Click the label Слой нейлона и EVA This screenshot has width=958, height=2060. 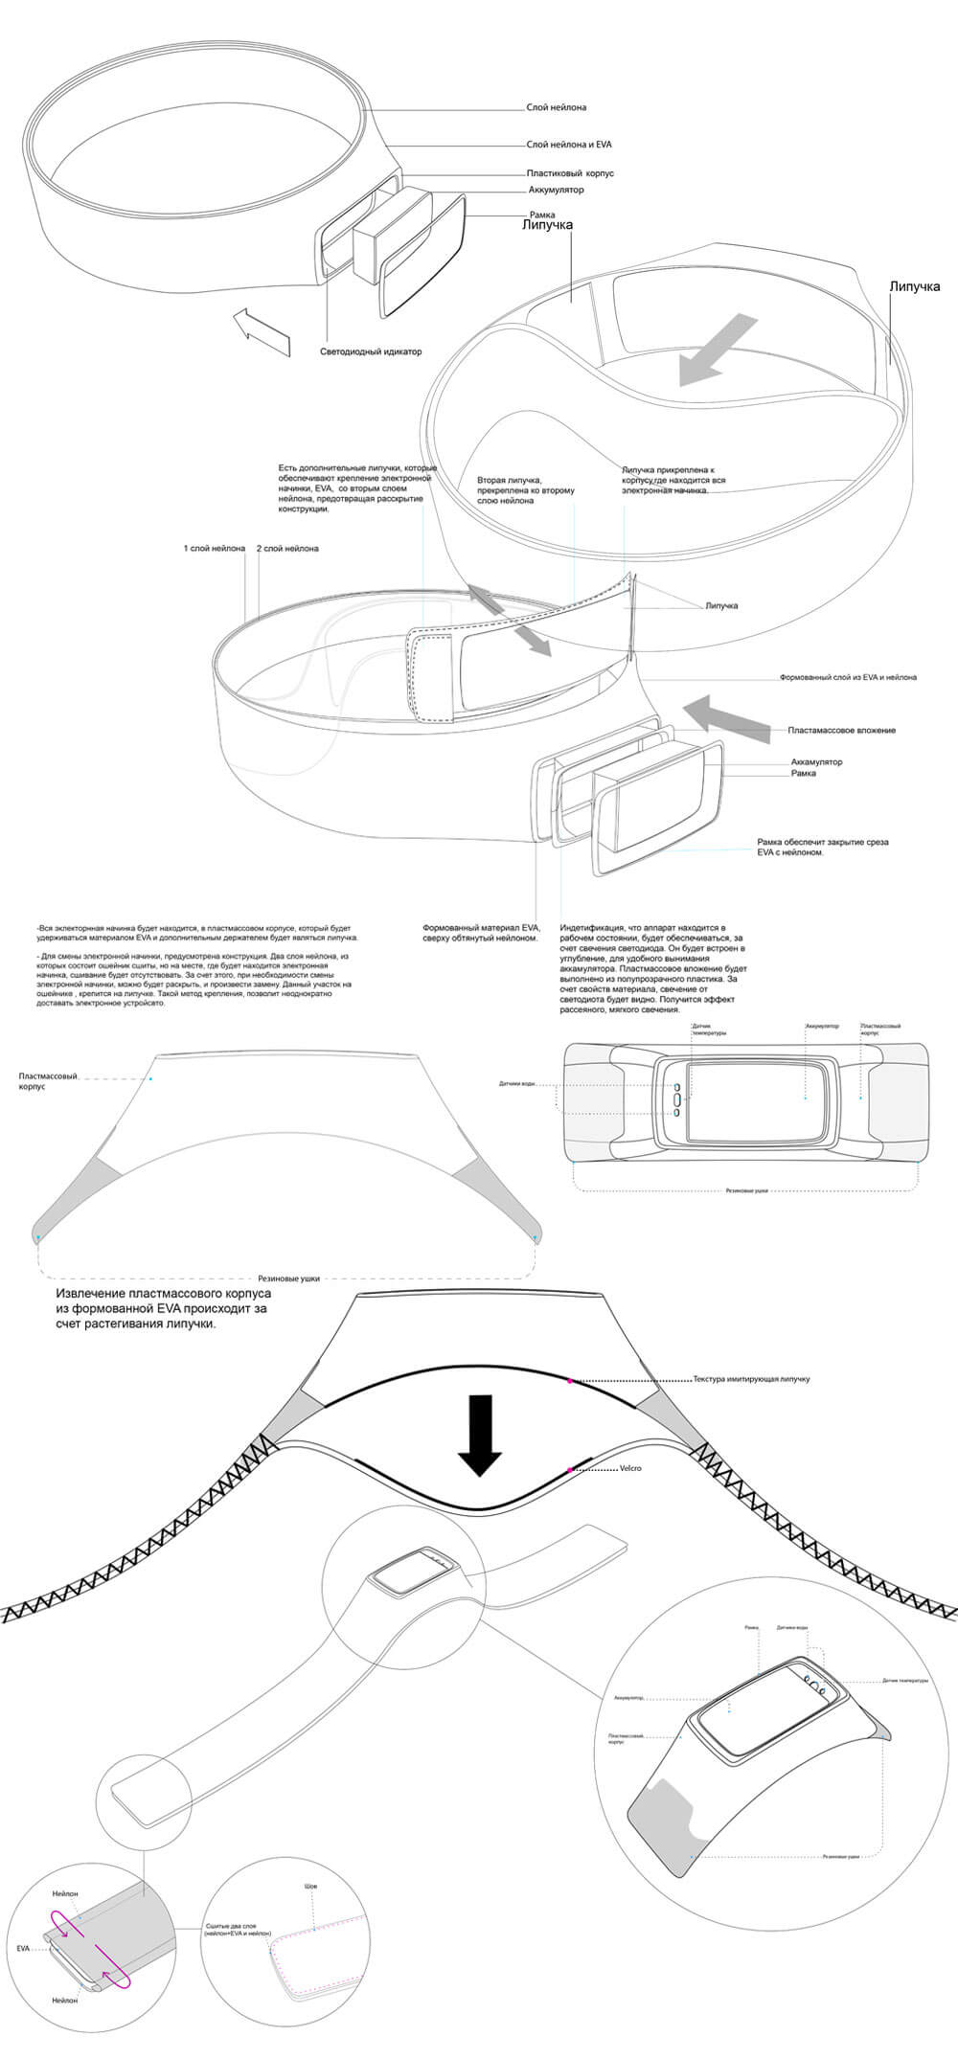tap(568, 145)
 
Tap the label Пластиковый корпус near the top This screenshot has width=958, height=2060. tap(569, 173)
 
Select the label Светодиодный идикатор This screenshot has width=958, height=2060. tap(371, 351)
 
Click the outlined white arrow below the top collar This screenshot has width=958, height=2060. tap(262, 332)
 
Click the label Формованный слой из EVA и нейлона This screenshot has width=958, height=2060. tap(847, 677)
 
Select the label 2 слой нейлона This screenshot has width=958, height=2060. tap(287, 549)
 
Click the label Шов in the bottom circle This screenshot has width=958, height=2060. tap(309, 1887)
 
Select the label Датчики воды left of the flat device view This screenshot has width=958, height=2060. tap(516, 1084)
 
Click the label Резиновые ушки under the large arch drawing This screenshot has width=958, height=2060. tap(288, 1278)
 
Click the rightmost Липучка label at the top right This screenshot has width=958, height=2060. tap(914, 286)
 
